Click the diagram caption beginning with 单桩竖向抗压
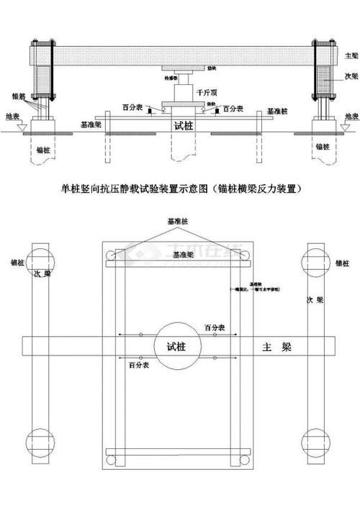(180, 189)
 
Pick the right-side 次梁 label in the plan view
(310, 298)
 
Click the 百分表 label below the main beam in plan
(140, 366)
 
